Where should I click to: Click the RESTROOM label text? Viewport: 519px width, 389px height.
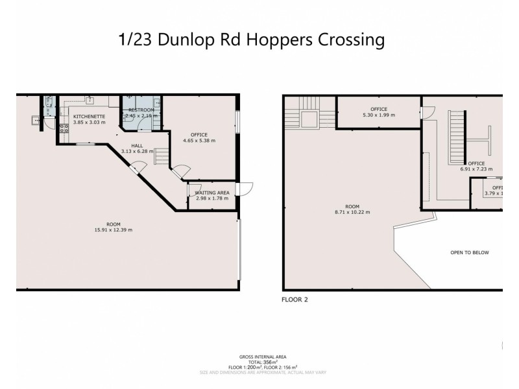coord(141,110)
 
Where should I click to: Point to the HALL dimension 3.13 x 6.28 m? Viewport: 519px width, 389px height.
coord(137,151)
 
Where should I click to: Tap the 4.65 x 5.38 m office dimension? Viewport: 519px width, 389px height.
coord(199,140)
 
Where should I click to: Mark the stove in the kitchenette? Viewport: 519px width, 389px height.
coord(64,127)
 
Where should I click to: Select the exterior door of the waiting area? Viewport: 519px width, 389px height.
coord(245,189)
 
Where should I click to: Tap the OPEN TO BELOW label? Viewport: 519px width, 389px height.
coord(469,252)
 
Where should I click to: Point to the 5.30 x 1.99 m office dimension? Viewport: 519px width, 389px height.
coord(378,115)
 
